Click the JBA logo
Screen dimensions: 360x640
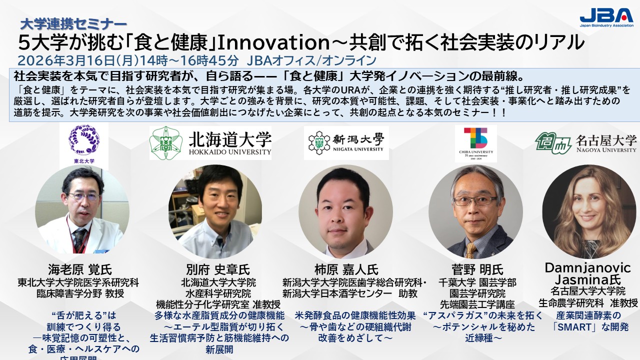[605, 17]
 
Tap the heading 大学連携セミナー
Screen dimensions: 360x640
[73, 23]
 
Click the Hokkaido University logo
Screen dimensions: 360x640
[210, 142]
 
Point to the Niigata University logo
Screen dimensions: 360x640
[346, 142]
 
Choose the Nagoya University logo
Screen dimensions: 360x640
[585, 142]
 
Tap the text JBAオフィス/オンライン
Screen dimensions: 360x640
[311, 61]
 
